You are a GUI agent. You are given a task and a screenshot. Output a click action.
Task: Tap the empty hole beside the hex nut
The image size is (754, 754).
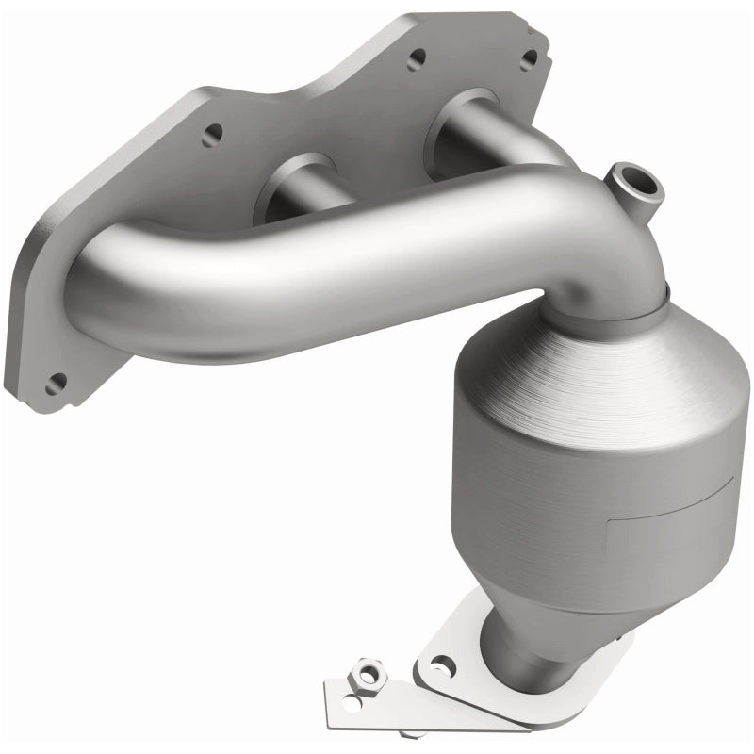click(352, 701)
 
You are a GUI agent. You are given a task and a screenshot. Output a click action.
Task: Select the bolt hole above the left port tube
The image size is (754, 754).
click(212, 132)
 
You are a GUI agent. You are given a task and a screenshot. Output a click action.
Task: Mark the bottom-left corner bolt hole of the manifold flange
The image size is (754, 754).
click(56, 384)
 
